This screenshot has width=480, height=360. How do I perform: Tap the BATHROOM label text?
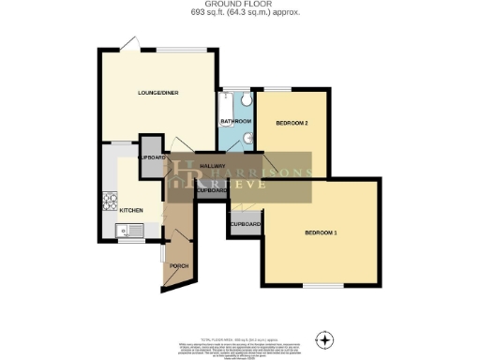(235, 122)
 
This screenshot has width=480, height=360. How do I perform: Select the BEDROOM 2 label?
(292, 123)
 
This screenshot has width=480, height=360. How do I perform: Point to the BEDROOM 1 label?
(321, 232)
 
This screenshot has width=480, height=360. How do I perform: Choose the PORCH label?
(178, 267)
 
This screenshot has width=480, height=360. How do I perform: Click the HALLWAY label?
(200, 165)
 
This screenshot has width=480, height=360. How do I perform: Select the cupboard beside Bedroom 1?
(245, 225)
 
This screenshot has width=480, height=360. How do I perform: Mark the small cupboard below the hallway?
(211, 190)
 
